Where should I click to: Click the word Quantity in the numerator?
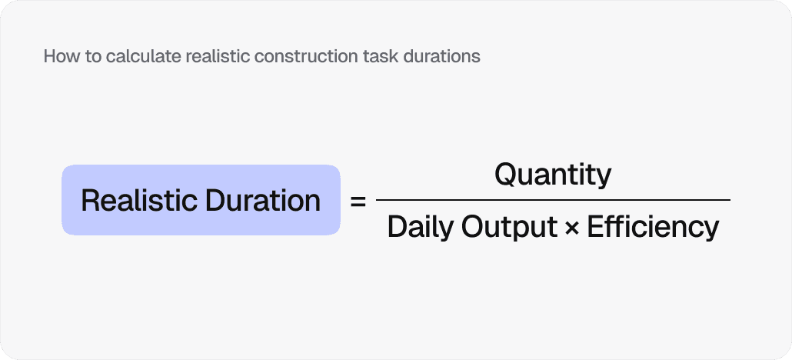(x=553, y=175)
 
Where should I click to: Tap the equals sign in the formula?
(x=358, y=202)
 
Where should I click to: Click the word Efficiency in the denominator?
(x=653, y=227)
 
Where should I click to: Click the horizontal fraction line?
(x=553, y=200)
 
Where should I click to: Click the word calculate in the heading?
(x=134, y=57)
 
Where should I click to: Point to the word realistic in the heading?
(x=212, y=57)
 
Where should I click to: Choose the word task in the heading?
(x=370, y=57)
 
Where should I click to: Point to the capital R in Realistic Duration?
(x=90, y=201)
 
